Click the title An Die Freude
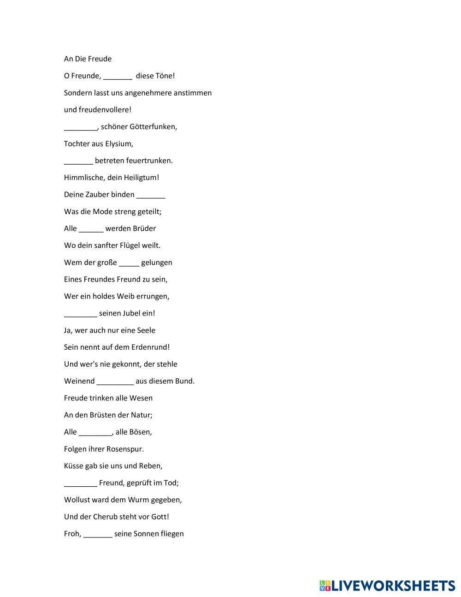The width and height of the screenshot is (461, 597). pos(88,59)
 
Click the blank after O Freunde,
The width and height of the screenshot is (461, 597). pos(118,76)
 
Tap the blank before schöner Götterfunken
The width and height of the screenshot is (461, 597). pos(81,127)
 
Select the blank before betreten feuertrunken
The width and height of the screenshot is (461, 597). pos(78,161)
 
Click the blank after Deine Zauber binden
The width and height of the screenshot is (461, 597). pos(151,195)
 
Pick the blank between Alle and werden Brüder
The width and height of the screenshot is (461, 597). pos(91,229)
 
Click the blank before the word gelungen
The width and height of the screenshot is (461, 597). pos(129,263)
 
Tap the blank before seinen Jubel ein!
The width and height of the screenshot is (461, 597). pos(81,314)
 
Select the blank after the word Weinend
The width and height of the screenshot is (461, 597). pos(115,382)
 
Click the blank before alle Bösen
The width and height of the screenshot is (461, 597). pos(95,432)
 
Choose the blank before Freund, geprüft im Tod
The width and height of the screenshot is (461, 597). pos(81,483)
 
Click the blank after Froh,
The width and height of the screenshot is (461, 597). pos(98,534)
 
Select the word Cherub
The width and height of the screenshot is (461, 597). pos(106,517)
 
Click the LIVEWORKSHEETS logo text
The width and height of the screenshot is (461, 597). pos(393,585)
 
